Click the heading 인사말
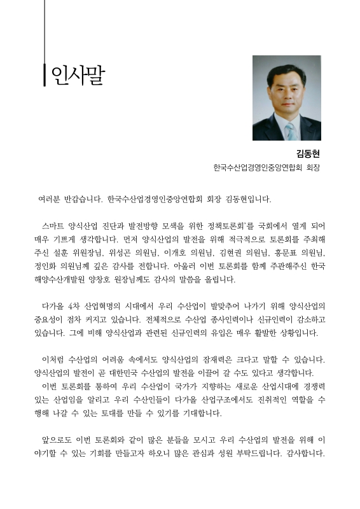(77, 75)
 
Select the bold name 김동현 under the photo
(308, 153)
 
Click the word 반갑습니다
(87, 199)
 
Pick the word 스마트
(55, 226)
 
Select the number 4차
(75, 307)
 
